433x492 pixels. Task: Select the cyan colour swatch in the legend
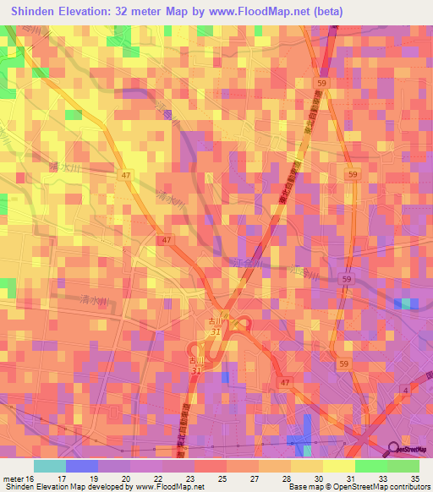tap(50, 466)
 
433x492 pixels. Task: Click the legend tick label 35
tap(414, 478)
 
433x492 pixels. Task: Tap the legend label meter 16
tap(19, 478)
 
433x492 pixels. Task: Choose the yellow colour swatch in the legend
tap(339, 466)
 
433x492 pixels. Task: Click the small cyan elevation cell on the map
tap(406, 303)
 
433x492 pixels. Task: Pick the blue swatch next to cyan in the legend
tap(82, 466)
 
